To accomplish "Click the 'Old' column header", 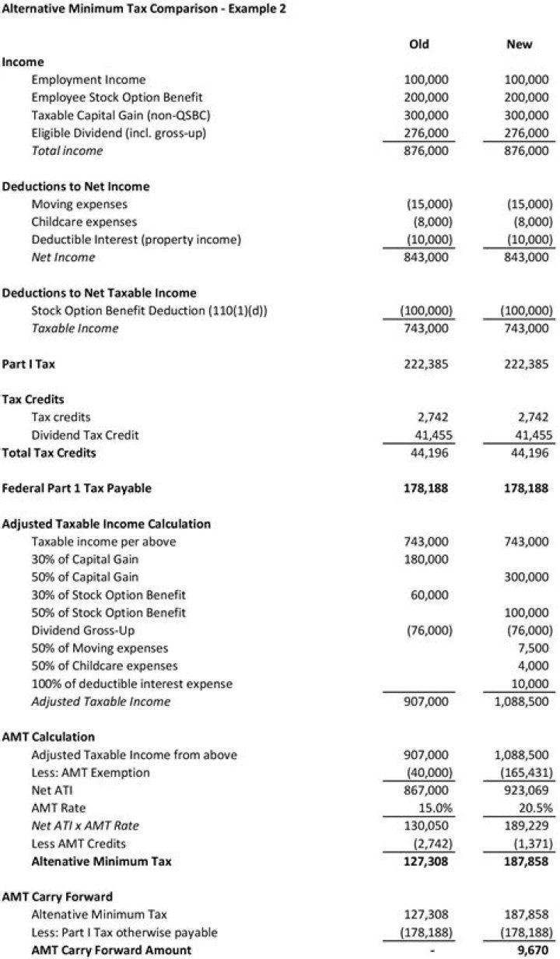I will click(418, 44).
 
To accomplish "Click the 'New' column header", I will click(519, 44).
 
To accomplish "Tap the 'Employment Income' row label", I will click(88, 79).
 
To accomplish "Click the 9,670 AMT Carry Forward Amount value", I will click(533, 950).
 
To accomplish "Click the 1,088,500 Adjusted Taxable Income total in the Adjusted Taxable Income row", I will click(522, 701).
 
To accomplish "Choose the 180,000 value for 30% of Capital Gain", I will click(427, 560).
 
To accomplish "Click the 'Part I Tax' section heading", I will click(29, 364).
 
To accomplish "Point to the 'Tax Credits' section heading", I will click(33, 399).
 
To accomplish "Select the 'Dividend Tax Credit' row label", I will click(85, 435).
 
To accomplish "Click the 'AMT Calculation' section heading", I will click(48, 736).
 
